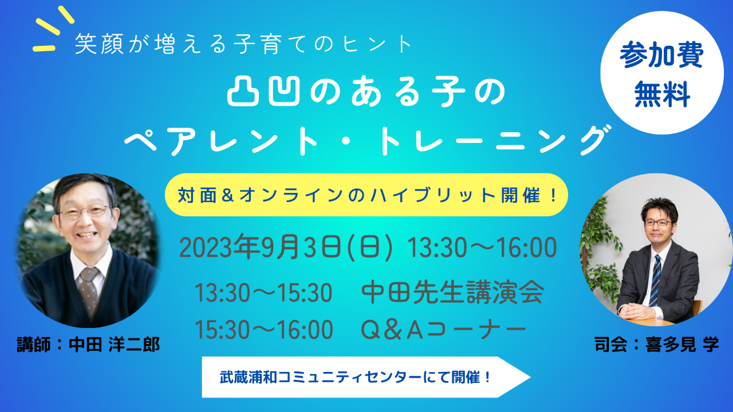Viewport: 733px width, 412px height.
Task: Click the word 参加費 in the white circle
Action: (x=661, y=56)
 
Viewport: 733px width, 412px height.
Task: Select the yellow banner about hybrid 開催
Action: (x=366, y=195)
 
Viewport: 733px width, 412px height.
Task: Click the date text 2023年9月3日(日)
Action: (x=286, y=248)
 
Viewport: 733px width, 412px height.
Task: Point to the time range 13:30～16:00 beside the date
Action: (x=482, y=248)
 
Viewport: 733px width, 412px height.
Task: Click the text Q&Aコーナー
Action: (x=443, y=330)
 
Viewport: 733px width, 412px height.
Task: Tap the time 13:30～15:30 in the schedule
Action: (x=264, y=293)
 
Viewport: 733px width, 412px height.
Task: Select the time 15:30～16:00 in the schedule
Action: (x=264, y=330)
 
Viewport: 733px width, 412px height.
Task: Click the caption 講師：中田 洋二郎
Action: (x=88, y=344)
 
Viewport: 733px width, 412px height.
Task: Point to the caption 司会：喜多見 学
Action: (x=656, y=344)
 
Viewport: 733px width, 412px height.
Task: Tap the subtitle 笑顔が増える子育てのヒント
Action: (x=243, y=44)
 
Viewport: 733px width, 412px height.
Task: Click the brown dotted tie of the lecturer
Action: (x=88, y=292)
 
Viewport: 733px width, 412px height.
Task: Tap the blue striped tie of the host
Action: (x=655, y=280)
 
